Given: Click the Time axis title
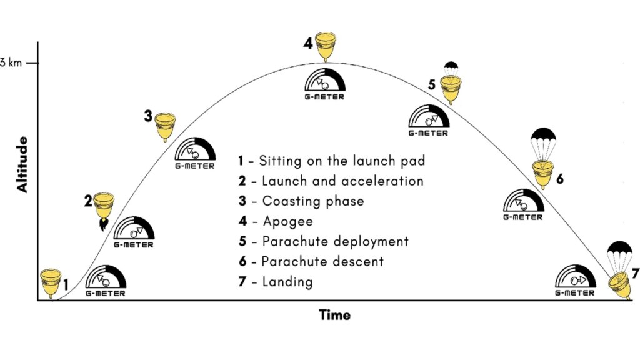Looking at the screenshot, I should coord(335,314).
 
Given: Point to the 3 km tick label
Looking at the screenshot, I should coord(12,62).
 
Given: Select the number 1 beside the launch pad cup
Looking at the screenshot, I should coord(66,284).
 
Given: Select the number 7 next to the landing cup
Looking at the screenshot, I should coord(635,274).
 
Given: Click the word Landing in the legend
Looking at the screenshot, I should coord(287,281).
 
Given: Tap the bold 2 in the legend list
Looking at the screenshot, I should coord(241,181).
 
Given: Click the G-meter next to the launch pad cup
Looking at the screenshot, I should coord(105,281).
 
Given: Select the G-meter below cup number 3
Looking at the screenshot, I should coord(195,152).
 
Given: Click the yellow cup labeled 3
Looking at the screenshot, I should coord(165,126).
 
